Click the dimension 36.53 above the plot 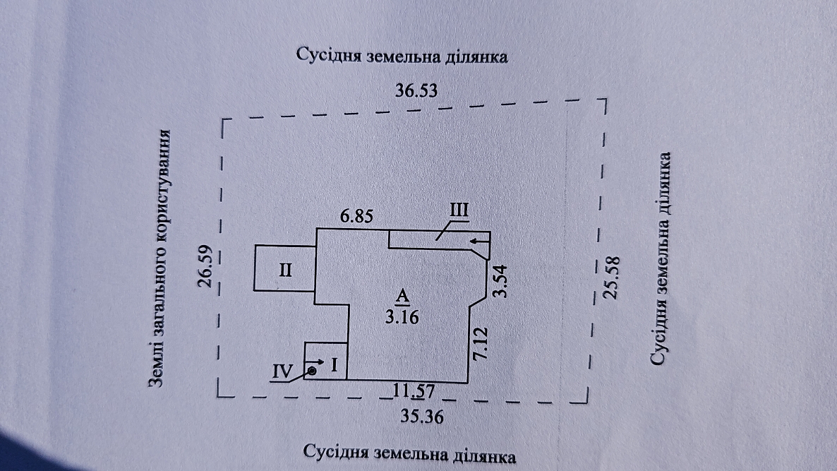(416, 90)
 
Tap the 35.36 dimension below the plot (422, 416)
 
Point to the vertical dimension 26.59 (206, 266)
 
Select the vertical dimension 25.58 (612, 278)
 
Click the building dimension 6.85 (356, 216)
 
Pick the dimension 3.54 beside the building (500, 281)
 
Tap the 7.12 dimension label (479, 343)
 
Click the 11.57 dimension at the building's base (414, 391)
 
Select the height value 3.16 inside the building (402, 317)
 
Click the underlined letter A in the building (402, 295)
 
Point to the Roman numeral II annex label (286, 270)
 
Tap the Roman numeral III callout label (459, 210)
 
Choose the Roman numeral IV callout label (282, 371)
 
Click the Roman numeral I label (334, 365)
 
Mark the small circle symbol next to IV (312, 370)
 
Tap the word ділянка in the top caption (474, 56)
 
